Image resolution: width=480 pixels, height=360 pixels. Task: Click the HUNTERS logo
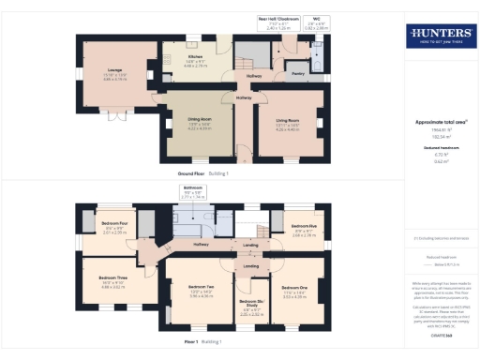439,37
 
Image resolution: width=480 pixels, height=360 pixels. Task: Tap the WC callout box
318,25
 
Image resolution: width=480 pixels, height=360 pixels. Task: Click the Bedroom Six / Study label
250,306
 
